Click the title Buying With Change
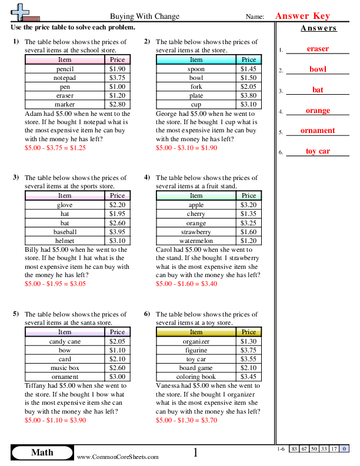click(x=145, y=16)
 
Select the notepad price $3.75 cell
click(x=118, y=78)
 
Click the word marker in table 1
click(x=65, y=104)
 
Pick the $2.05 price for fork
click(x=249, y=86)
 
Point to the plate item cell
click(x=196, y=95)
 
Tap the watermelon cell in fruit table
click(x=196, y=240)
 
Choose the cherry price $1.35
click(x=249, y=214)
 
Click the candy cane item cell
click(x=65, y=341)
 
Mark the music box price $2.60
click(x=118, y=368)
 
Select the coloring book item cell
click(x=196, y=377)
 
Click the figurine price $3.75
click(x=249, y=350)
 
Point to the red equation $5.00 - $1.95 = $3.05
click(x=55, y=284)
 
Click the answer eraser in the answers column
click(x=318, y=49)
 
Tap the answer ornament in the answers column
click(x=318, y=131)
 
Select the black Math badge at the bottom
click(x=42, y=452)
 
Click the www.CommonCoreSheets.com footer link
click(x=118, y=457)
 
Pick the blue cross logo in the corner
click(x=22, y=12)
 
